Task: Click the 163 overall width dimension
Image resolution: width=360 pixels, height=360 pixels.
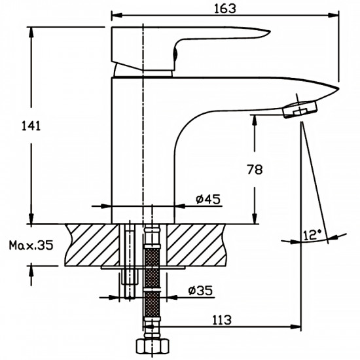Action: pos(225,8)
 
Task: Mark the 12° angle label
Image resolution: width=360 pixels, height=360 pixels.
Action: pos(311,234)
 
